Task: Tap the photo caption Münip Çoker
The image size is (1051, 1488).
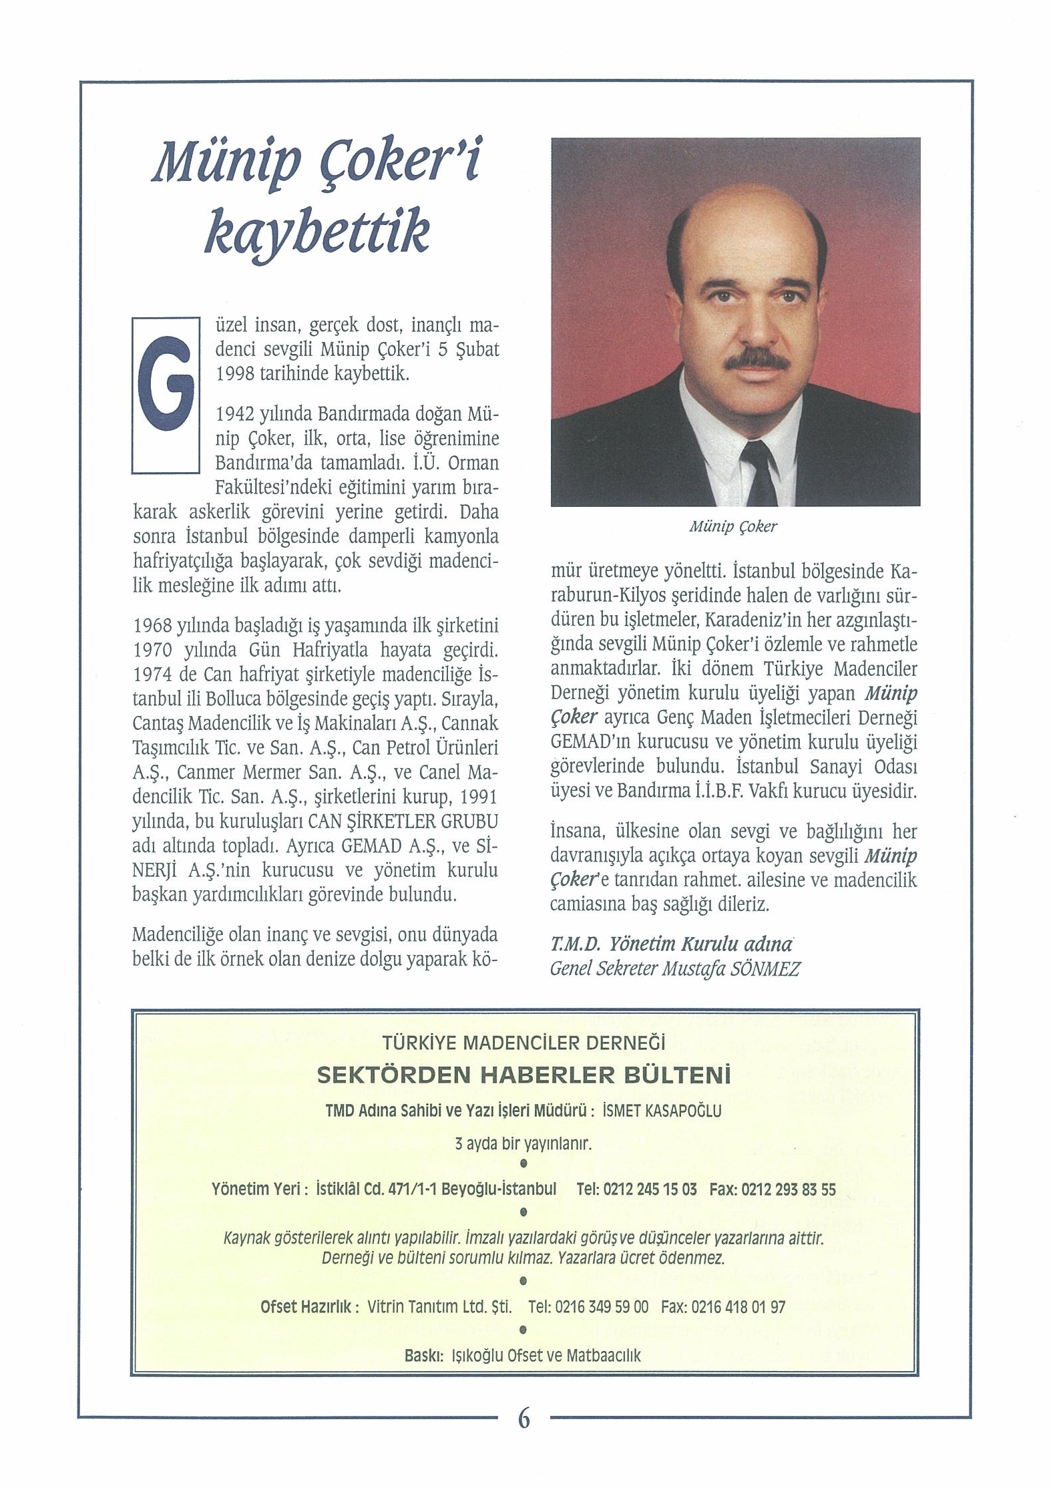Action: (x=732, y=526)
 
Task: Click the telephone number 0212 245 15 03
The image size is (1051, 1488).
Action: (x=650, y=1189)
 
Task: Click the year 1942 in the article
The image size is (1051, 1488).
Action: (x=234, y=415)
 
